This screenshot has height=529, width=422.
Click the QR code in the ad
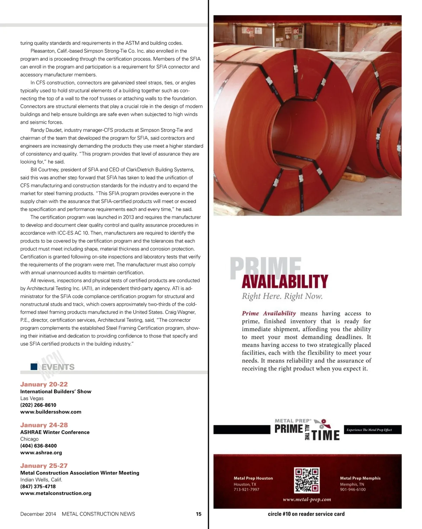tap(307, 480)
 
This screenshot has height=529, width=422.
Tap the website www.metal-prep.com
tap(307, 499)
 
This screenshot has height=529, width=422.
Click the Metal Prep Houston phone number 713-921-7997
tap(247, 490)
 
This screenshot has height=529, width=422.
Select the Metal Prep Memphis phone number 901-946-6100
tap(353, 490)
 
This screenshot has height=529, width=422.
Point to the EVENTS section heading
tap(58, 367)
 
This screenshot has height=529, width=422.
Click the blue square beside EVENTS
tap(34, 367)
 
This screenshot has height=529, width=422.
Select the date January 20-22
tap(44, 384)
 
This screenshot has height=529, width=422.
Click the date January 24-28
tap(44, 425)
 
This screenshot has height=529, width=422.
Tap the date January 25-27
tap(44, 466)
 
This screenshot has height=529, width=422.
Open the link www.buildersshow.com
tap(51, 412)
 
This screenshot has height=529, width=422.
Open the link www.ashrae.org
tap(41, 453)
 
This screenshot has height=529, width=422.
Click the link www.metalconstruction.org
tap(56, 493)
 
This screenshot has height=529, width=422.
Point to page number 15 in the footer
tap(199, 514)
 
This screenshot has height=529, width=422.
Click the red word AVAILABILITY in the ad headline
tap(285, 282)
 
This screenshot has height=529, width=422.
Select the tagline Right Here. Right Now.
tap(282, 296)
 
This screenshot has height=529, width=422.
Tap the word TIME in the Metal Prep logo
tap(326, 435)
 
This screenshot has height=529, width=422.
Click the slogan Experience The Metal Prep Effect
tap(369, 430)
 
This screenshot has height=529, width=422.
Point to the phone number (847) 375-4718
tap(38, 486)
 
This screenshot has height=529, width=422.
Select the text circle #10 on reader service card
tap(306, 514)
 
